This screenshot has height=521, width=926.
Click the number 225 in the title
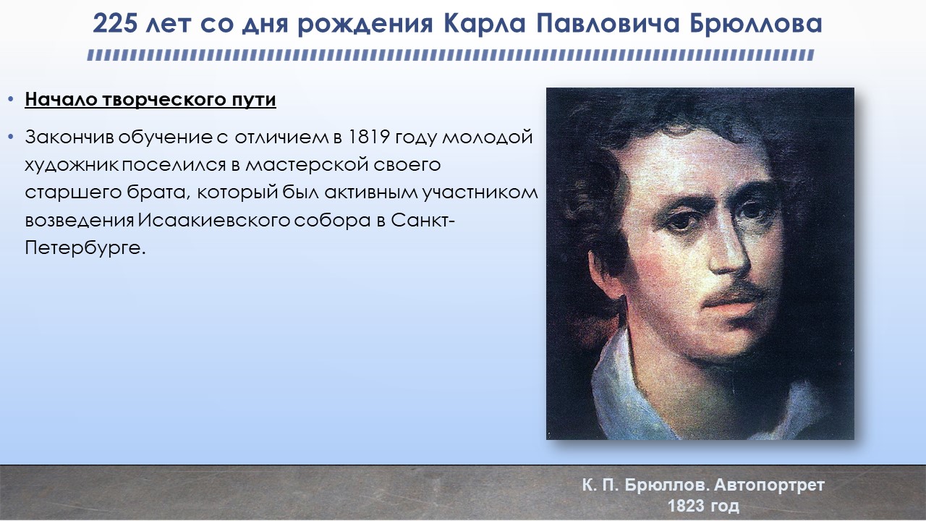click(x=114, y=24)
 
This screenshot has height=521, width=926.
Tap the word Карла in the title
click(x=485, y=24)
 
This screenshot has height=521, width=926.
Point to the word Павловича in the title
click(x=608, y=24)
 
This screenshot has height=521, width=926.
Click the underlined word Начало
click(x=61, y=100)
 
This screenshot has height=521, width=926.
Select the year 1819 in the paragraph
click(x=369, y=137)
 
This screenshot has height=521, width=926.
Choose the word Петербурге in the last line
click(x=85, y=249)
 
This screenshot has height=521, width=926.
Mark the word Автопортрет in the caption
click(x=769, y=485)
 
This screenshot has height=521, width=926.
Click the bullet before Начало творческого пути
click(x=11, y=100)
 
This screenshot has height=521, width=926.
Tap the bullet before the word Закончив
click(x=11, y=137)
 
